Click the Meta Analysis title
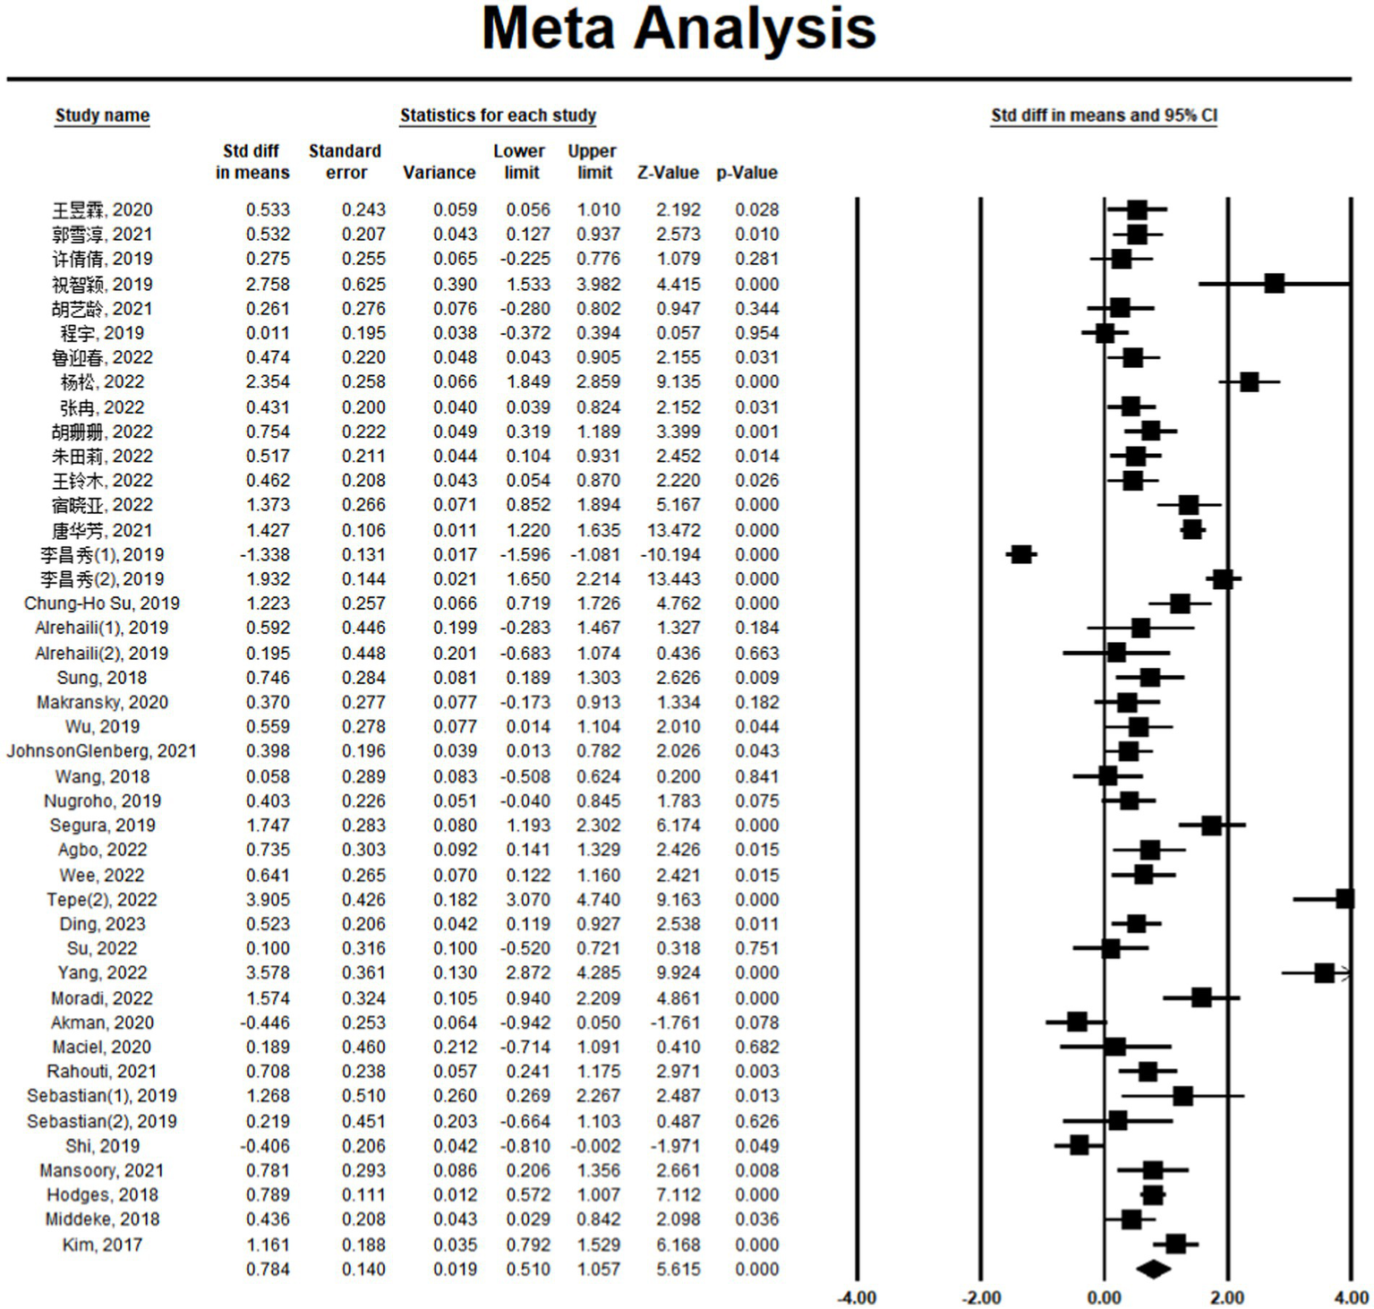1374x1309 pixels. point(678,29)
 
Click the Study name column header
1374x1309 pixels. point(102,115)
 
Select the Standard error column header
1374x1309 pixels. point(345,162)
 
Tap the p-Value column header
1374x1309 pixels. point(747,173)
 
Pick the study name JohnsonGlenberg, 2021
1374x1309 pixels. point(102,751)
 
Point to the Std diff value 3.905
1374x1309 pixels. point(268,900)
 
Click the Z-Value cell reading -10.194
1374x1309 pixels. point(670,555)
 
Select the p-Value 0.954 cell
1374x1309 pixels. point(757,333)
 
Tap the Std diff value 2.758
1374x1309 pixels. point(268,284)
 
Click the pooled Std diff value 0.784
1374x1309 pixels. point(268,1270)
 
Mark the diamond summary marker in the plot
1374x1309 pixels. point(1153,1269)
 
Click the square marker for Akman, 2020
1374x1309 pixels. point(1077,1022)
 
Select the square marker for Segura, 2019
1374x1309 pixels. point(1212,825)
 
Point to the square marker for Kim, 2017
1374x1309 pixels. point(1176,1244)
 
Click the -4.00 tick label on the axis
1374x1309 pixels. point(857,1297)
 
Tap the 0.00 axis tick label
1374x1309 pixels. point(1104,1297)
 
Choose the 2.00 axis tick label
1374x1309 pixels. point(1227,1297)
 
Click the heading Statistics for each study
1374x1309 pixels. point(498,115)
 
